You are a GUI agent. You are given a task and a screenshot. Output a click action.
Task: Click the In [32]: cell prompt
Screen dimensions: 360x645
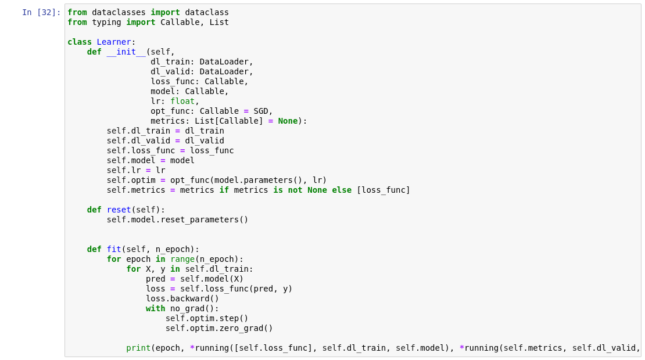click(x=41, y=12)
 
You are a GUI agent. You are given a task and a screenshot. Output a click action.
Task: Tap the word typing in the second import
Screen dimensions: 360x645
click(x=106, y=22)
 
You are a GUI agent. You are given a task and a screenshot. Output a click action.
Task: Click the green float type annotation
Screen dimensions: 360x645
click(x=182, y=101)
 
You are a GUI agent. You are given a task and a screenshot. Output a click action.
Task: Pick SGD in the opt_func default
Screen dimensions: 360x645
click(x=260, y=111)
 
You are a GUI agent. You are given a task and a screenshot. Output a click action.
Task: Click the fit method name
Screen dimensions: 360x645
click(x=114, y=249)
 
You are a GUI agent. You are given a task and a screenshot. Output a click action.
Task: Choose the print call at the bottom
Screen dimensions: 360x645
click(x=138, y=348)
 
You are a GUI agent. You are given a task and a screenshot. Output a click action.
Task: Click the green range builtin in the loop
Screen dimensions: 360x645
click(x=182, y=259)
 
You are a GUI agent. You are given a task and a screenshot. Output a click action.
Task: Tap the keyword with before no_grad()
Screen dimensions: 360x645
click(x=155, y=308)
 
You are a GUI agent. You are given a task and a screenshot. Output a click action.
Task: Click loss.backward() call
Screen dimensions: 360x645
click(x=182, y=298)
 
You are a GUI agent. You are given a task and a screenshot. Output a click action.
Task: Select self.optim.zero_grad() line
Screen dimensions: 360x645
click(x=219, y=328)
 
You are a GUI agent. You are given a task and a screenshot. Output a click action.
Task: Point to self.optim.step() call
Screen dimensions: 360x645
click(x=207, y=318)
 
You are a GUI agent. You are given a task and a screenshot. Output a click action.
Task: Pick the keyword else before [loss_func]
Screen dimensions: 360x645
click(x=342, y=190)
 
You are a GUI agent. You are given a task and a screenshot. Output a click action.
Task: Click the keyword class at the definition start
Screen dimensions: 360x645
click(x=80, y=42)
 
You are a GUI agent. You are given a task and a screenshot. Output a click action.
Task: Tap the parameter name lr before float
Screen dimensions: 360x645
click(x=155, y=101)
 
